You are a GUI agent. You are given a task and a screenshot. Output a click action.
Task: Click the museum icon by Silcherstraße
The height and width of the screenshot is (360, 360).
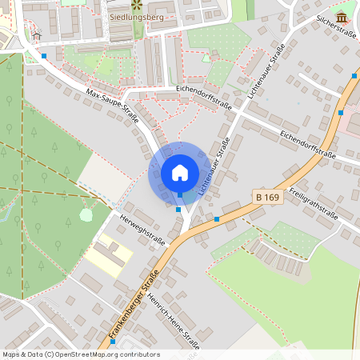click(342, 18)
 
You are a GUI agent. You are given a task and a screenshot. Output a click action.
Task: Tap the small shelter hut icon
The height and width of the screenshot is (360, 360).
click(36, 36)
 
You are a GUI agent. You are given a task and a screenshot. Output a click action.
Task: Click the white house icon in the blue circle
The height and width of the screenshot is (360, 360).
click(179, 173)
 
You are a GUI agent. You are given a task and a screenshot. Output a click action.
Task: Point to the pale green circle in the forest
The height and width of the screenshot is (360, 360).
click(86, 214)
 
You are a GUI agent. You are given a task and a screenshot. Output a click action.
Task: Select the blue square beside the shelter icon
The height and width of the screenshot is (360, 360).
click(44, 57)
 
